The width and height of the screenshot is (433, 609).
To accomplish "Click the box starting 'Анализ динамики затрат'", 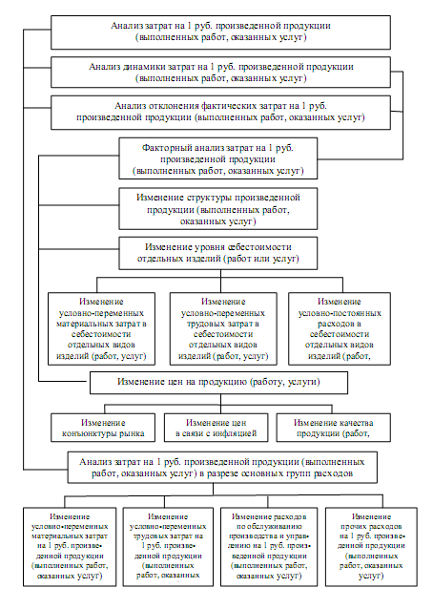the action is pyautogui.click(x=220, y=73).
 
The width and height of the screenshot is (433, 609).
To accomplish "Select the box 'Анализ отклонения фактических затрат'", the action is pyautogui.click(x=220, y=113).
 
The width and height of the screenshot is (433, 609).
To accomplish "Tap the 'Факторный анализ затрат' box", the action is pyautogui.click(x=218, y=158).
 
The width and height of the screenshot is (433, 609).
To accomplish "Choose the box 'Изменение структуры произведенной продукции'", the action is pyautogui.click(x=218, y=209).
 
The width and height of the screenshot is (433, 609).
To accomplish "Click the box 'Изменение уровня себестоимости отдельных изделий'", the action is pyautogui.click(x=218, y=253).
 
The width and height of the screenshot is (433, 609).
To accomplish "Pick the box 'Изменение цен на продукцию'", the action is pyautogui.click(x=218, y=383).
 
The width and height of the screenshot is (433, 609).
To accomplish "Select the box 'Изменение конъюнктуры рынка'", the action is pyautogui.click(x=103, y=428).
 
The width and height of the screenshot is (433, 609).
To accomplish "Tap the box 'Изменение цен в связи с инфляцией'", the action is pyautogui.click(x=216, y=428).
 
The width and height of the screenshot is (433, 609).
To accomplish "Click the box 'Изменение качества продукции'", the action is pyautogui.click(x=333, y=428).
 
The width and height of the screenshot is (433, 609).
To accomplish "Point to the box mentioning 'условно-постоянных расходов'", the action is pyautogui.click(x=340, y=328).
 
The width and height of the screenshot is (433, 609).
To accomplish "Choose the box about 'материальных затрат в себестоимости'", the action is pyautogui.click(x=101, y=328).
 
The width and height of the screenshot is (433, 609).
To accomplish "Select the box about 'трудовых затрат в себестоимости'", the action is pyautogui.click(x=223, y=328).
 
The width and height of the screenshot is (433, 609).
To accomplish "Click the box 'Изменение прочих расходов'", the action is pyautogui.click(x=371, y=546).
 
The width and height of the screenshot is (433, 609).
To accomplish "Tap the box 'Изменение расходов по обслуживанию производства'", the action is pyautogui.click(x=269, y=546).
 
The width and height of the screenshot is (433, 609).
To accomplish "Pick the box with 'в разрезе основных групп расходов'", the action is pyautogui.click(x=222, y=467).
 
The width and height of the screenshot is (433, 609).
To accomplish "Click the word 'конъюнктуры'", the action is pyautogui.click(x=89, y=433).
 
